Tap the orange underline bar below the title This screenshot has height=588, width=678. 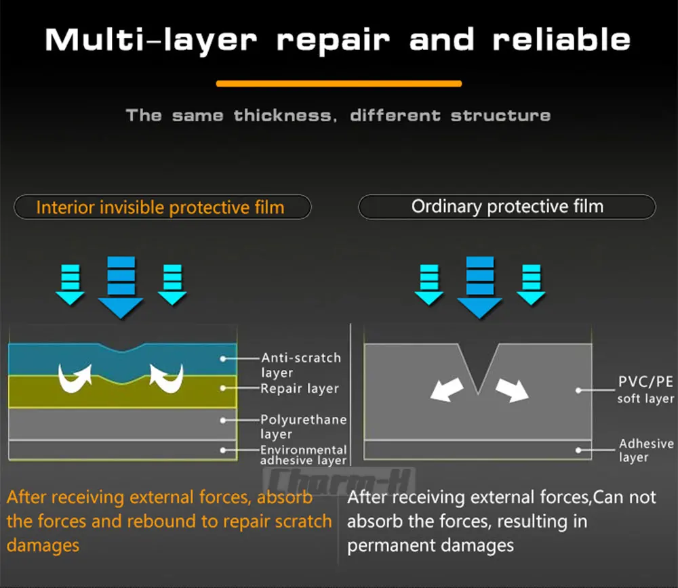(x=339, y=84)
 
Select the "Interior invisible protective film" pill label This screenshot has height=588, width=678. (x=161, y=207)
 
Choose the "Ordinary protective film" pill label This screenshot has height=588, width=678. (x=507, y=207)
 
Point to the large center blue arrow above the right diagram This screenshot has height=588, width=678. (x=479, y=287)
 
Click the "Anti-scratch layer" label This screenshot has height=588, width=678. (x=301, y=364)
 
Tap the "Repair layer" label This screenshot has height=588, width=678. (x=300, y=389)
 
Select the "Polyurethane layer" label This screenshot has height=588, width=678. (x=303, y=426)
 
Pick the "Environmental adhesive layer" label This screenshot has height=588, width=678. (x=304, y=455)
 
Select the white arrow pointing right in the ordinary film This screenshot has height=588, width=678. (x=512, y=390)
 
